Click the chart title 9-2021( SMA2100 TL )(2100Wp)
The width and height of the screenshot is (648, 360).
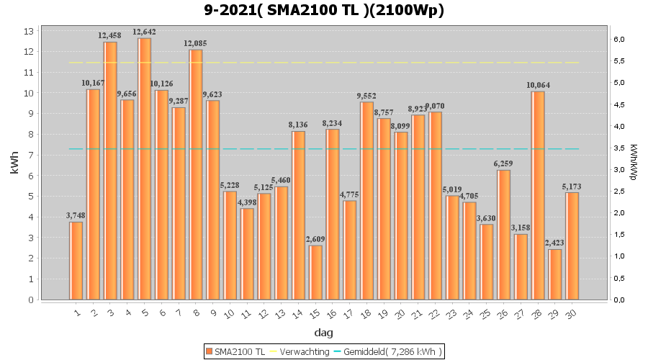(324, 11)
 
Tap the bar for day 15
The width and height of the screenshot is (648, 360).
(315, 272)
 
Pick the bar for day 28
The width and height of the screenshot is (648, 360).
(538, 195)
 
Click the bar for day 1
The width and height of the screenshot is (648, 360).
(76, 261)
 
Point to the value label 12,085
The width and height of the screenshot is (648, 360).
(196, 43)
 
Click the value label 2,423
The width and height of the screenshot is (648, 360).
(555, 243)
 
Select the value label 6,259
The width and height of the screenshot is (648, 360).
(504, 163)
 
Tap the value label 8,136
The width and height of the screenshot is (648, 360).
(298, 125)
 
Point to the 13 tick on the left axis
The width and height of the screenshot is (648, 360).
(30, 31)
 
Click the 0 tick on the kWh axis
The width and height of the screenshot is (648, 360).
(31, 300)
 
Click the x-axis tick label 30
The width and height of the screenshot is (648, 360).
(571, 312)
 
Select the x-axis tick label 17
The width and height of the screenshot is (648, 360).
(348, 312)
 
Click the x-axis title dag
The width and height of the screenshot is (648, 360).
(323, 333)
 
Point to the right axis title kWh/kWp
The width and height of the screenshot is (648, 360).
(634, 162)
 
